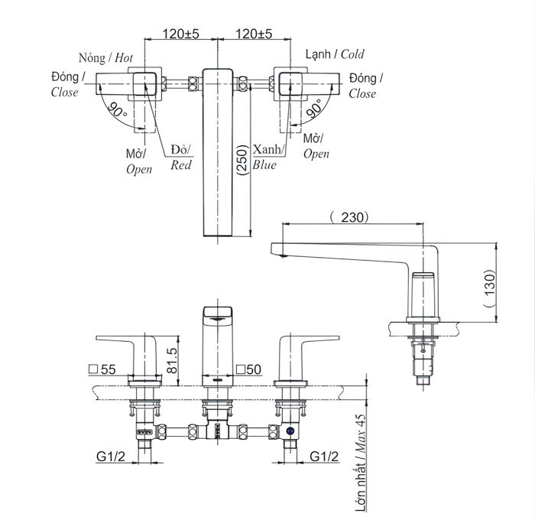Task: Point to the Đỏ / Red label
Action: pos(181,157)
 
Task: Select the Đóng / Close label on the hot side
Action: pos(66,86)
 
